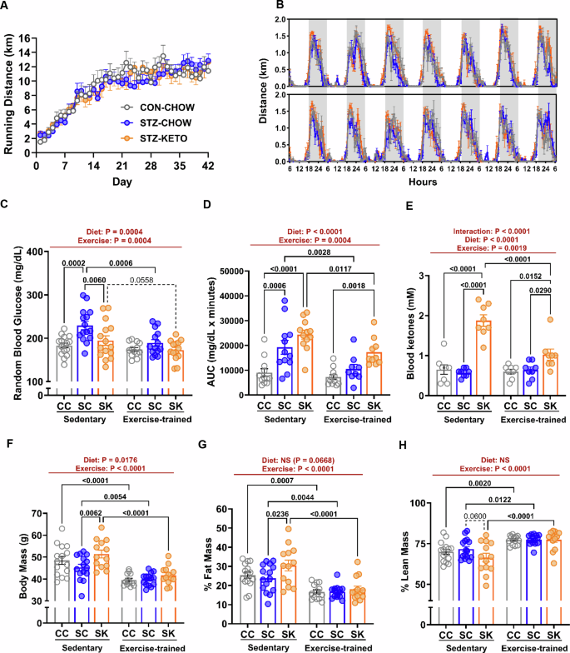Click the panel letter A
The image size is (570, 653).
tap(7, 7)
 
